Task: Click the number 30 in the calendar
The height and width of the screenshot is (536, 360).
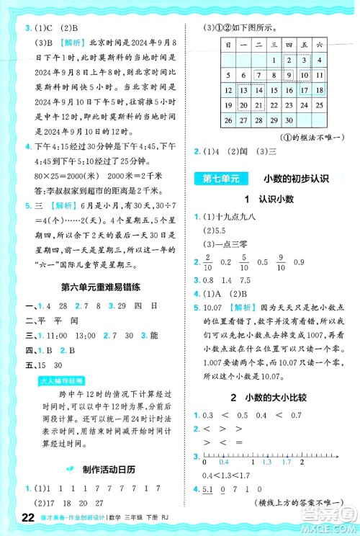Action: (290, 120)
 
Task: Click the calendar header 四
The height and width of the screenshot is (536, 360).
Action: (290, 45)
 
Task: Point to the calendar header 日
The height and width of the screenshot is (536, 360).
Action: (228, 45)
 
